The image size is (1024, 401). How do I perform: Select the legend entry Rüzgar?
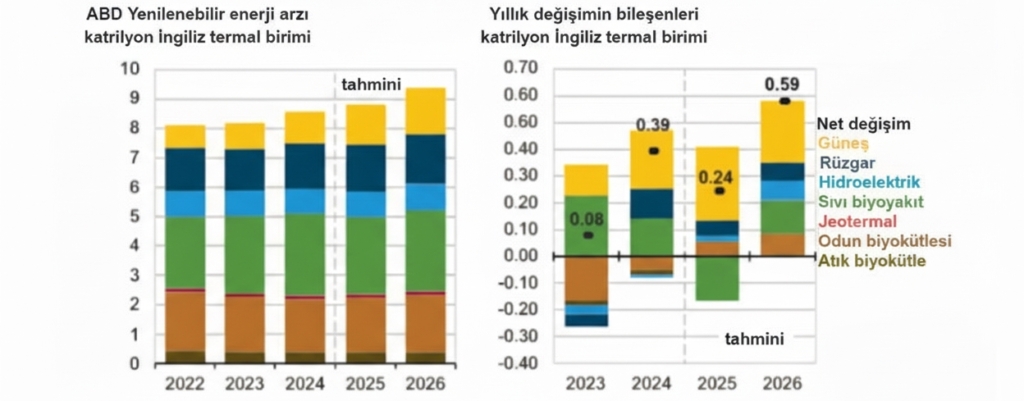(x=849, y=163)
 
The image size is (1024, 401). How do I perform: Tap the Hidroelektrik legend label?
(x=870, y=182)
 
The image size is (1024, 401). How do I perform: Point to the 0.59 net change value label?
(x=782, y=84)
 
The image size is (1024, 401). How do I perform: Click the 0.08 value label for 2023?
(x=586, y=217)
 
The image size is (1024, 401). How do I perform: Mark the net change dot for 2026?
(x=785, y=101)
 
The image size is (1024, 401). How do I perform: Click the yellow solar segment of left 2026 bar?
(x=425, y=111)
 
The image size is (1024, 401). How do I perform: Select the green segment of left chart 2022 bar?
(x=185, y=252)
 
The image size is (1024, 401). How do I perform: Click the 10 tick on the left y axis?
(x=130, y=69)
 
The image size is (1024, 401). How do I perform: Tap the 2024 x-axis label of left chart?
(x=305, y=384)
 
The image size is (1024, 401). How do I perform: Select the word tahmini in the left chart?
(x=371, y=84)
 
